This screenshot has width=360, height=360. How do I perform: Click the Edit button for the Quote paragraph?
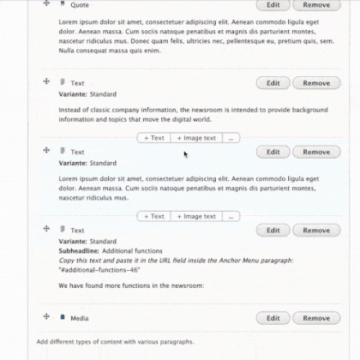273,4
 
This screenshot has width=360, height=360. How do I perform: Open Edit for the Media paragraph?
273,318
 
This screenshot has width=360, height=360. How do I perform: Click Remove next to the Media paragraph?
316,318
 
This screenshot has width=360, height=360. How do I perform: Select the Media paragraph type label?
79,318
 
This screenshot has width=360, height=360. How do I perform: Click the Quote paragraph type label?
79,5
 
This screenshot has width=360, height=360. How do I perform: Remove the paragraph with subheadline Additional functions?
316,231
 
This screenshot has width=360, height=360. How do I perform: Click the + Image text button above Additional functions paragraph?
196,217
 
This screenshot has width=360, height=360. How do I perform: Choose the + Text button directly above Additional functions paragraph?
154,217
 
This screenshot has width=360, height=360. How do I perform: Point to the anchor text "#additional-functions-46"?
99,269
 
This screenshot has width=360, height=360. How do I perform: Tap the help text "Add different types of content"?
115,342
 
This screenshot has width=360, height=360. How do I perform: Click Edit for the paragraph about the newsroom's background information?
273,83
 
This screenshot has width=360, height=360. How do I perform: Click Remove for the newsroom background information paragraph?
316,83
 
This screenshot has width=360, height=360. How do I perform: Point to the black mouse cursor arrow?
186,153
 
